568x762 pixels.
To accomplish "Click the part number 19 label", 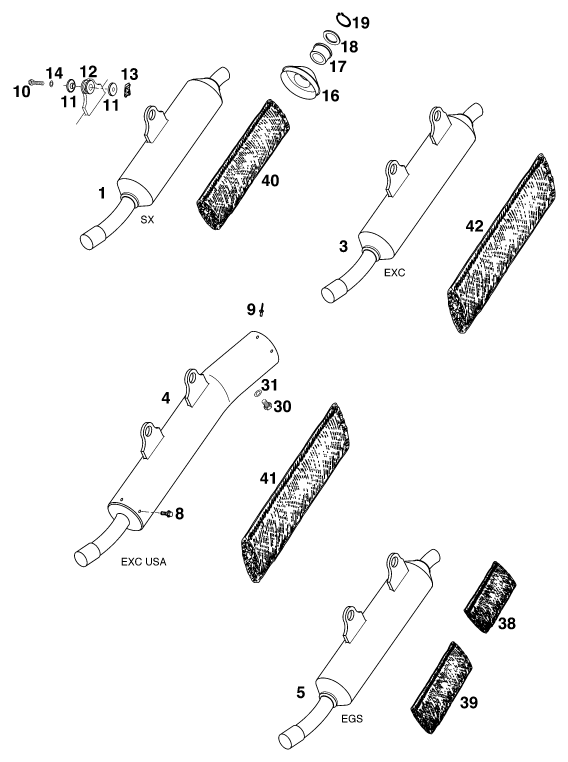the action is (x=361, y=22).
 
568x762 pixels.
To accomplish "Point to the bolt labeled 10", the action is (x=36, y=83).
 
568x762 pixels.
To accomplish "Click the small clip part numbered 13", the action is (x=128, y=89).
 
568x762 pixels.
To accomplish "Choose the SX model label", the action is (x=147, y=220).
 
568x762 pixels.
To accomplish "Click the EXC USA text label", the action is (x=143, y=562).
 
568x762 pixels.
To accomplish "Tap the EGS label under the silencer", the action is (x=352, y=718).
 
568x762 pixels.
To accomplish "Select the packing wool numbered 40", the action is (x=243, y=165).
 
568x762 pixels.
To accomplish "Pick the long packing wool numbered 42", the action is (x=500, y=243).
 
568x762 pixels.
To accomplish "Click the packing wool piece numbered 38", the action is (x=490, y=597).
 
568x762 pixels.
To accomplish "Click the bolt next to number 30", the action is (x=267, y=405).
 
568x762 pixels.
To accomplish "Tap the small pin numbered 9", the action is (x=261, y=309).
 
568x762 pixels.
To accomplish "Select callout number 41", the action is (x=268, y=479).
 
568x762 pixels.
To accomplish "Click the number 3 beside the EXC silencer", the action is (x=344, y=246).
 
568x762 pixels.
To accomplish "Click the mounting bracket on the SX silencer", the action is (x=155, y=121).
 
